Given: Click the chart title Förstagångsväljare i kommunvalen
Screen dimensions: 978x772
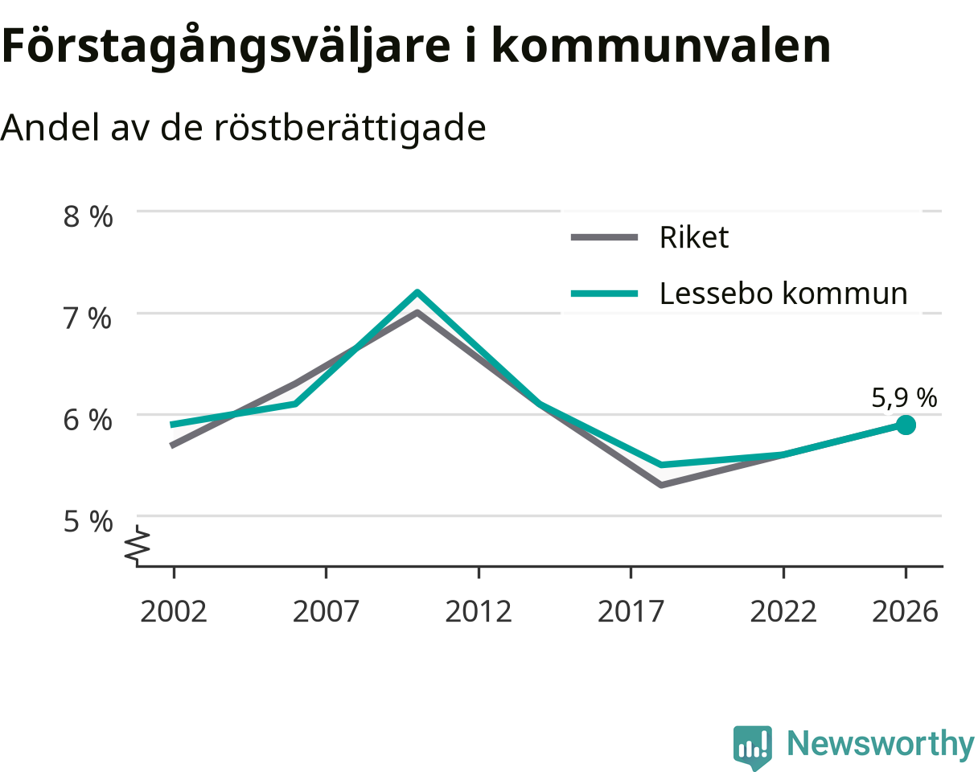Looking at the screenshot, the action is (x=416, y=47).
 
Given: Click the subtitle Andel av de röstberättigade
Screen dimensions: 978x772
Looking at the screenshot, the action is (x=244, y=129).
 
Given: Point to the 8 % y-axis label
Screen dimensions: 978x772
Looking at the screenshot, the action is (x=88, y=217).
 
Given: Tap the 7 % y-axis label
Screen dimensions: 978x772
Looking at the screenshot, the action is (x=88, y=318).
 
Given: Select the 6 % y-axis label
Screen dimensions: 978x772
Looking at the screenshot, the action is (x=88, y=420).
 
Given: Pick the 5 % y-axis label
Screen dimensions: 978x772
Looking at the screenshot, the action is (x=88, y=522).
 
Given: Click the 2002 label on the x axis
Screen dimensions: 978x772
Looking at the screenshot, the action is (x=174, y=612).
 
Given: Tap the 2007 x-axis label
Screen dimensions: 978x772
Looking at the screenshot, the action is (x=326, y=612).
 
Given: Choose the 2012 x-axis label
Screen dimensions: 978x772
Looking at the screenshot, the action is (x=479, y=612).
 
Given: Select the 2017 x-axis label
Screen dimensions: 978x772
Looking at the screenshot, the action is (x=631, y=612).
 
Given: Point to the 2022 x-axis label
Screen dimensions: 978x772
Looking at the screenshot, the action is (x=783, y=612).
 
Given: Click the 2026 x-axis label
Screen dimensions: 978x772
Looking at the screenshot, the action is (x=906, y=612).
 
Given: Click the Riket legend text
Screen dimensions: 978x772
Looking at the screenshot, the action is (x=694, y=237).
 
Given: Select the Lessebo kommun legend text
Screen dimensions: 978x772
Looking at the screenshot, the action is (x=783, y=293).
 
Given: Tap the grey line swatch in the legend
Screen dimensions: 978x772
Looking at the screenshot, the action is (x=605, y=237).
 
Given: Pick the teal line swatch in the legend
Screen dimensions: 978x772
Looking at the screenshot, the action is (x=605, y=294).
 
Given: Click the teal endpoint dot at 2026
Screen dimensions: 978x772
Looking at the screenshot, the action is (x=906, y=425).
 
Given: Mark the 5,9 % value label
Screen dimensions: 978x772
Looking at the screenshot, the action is (x=904, y=397).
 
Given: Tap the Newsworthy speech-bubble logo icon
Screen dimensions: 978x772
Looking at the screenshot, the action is (x=753, y=744).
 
